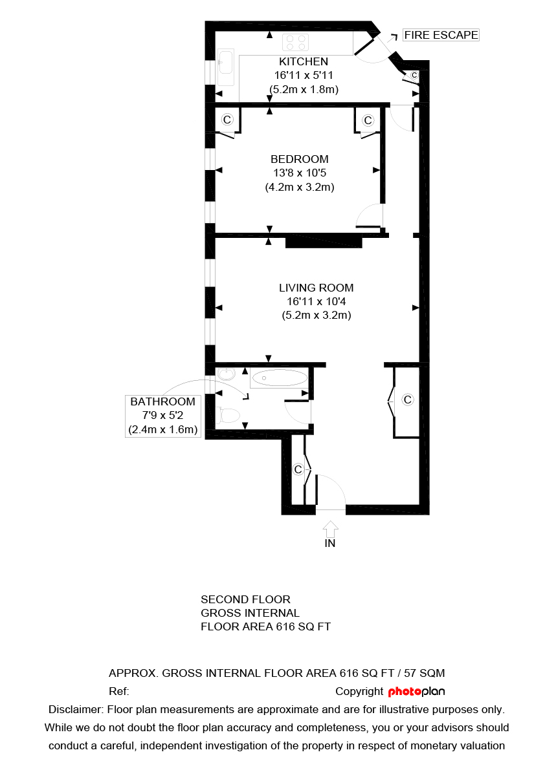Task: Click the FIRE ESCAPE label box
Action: point(441,35)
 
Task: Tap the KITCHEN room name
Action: point(304,62)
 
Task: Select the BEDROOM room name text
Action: point(299,159)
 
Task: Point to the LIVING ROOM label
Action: point(316,288)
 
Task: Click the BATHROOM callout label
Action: point(162,402)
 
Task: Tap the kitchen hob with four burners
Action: point(296,43)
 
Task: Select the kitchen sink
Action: point(226,67)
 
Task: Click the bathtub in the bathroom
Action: point(279,378)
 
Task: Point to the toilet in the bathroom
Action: point(229,414)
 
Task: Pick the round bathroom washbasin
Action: point(227,374)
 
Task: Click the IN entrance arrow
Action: point(330,528)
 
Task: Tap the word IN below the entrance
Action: point(330,544)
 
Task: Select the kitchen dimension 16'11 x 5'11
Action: point(304,76)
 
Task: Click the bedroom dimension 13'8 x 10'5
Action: point(299,173)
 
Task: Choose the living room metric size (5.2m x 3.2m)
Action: point(316,316)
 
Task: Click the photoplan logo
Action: point(416,692)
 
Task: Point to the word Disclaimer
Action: point(75,709)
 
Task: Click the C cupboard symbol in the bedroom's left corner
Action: point(227,120)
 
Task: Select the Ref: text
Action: point(119,692)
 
